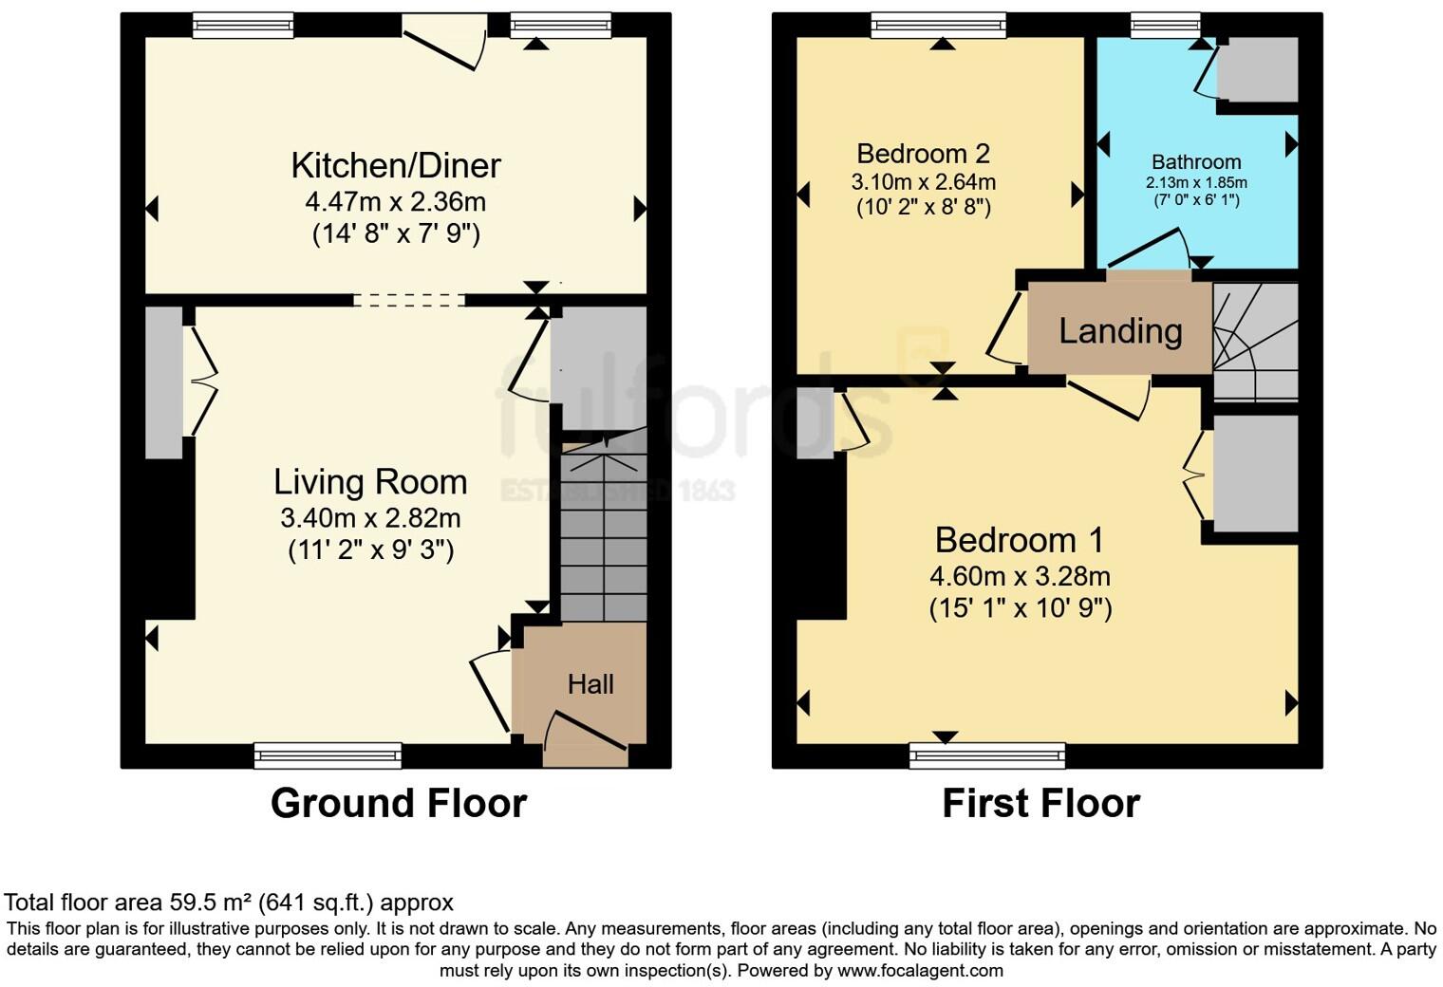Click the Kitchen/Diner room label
click(x=396, y=165)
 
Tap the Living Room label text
click(x=370, y=482)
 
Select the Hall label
click(x=590, y=684)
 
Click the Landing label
click(x=1120, y=331)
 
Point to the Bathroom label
click(x=1196, y=162)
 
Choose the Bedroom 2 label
click(x=923, y=154)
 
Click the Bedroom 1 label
click(x=1020, y=540)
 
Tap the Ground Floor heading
click(x=398, y=803)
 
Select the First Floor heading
click(x=1040, y=803)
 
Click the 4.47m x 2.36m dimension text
click(x=396, y=201)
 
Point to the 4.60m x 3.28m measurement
click(x=1020, y=576)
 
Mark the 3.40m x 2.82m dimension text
click(x=370, y=518)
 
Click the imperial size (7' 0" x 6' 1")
click(x=1196, y=200)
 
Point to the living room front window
click(x=328, y=755)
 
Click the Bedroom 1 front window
click(x=987, y=755)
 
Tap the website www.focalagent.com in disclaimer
click(x=920, y=971)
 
